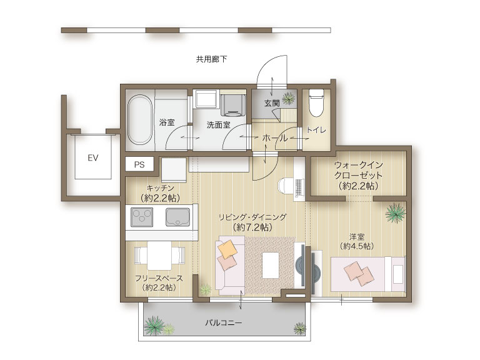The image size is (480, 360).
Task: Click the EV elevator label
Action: (92, 158)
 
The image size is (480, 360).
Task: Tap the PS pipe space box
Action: (139, 164)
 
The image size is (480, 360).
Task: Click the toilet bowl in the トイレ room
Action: (316, 103)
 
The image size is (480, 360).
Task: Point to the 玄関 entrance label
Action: (272, 103)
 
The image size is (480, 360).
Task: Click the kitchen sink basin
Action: (177, 217)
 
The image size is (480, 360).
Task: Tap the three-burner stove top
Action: (142, 217)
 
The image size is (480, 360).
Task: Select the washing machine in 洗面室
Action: (233, 105)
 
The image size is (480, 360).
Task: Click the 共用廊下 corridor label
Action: (211, 59)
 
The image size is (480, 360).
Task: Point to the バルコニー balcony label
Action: (224, 322)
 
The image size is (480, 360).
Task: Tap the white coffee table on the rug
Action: (271, 265)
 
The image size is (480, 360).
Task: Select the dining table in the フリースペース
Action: (159, 255)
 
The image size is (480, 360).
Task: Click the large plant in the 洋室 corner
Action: (396, 212)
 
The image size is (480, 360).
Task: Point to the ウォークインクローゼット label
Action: (359, 170)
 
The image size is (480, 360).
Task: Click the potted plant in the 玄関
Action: (289, 99)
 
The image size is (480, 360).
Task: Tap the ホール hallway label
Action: (275, 138)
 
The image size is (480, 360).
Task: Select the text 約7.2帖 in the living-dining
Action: (252, 227)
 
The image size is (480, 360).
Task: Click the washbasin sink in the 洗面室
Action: (206, 99)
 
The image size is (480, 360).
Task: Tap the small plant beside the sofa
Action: (206, 289)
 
